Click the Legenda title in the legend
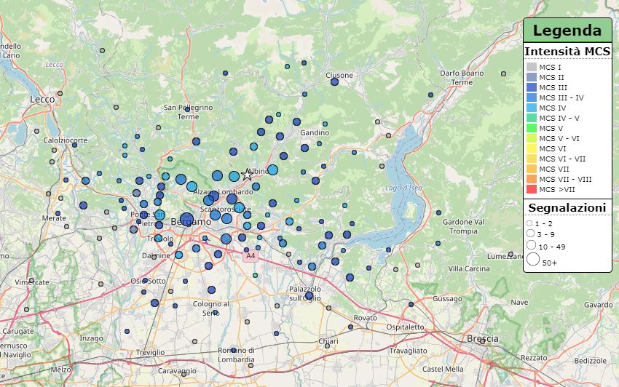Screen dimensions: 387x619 pyautogui.click(x=567, y=31)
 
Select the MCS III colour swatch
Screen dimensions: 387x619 pyautogui.click(x=532, y=87)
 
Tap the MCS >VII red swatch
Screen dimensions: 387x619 pyautogui.click(x=532, y=189)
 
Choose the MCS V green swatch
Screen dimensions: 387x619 pyautogui.click(x=532, y=128)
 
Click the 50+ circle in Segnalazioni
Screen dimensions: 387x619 pyautogui.click(x=533, y=259)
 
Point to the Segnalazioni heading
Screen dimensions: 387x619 pyautogui.click(x=567, y=208)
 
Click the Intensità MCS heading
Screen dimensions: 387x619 pyautogui.click(x=567, y=51)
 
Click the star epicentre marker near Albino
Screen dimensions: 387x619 pyautogui.click(x=247, y=175)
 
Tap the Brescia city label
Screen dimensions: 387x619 pyautogui.click(x=482, y=339)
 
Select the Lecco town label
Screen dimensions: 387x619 pyautogui.click(x=44, y=98)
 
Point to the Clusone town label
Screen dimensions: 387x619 pyautogui.click(x=339, y=75)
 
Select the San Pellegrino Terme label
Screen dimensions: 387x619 pyautogui.click(x=188, y=112)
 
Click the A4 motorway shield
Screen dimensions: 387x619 pyautogui.click(x=251, y=256)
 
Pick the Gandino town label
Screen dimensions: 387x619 pyautogui.click(x=315, y=132)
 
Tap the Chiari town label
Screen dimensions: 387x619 pyautogui.click(x=328, y=340)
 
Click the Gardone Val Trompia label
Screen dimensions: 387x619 pyautogui.click(x=464, y=226)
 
